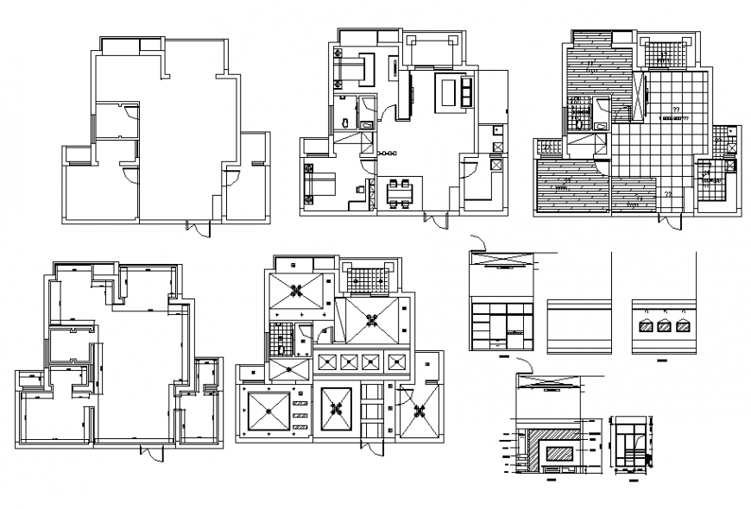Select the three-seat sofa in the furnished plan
467,92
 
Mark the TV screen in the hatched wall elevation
558,451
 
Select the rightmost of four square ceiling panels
396,361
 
